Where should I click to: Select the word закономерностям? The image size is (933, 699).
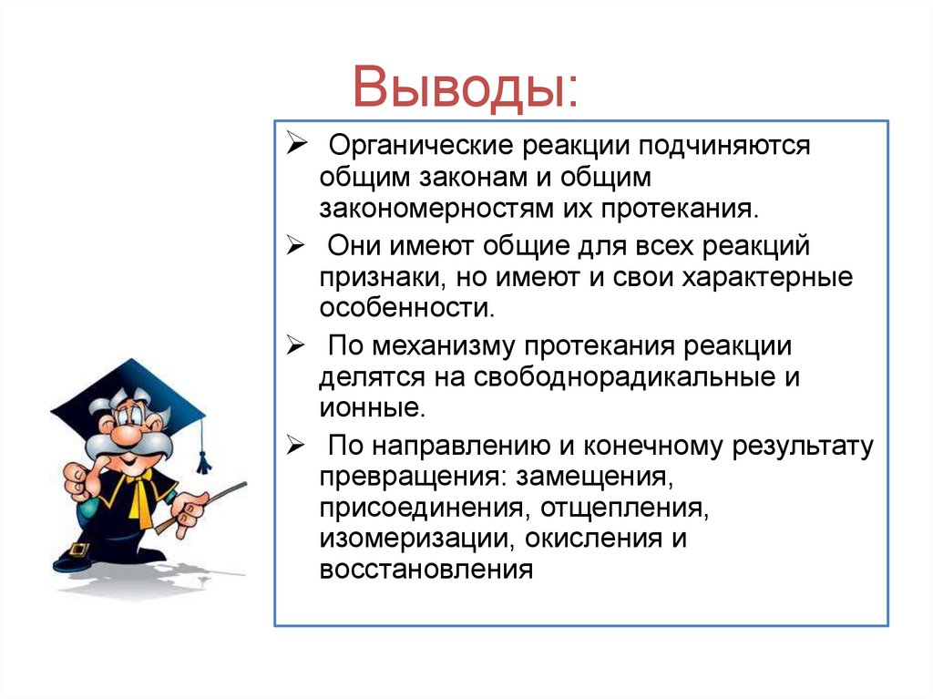tap(433, 208)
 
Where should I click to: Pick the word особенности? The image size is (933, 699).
tap(406, 308)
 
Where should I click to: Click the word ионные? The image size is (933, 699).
tap(372, 408)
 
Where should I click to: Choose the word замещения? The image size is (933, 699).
tap(595, 478)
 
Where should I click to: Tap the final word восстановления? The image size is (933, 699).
tap(425, 571)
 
